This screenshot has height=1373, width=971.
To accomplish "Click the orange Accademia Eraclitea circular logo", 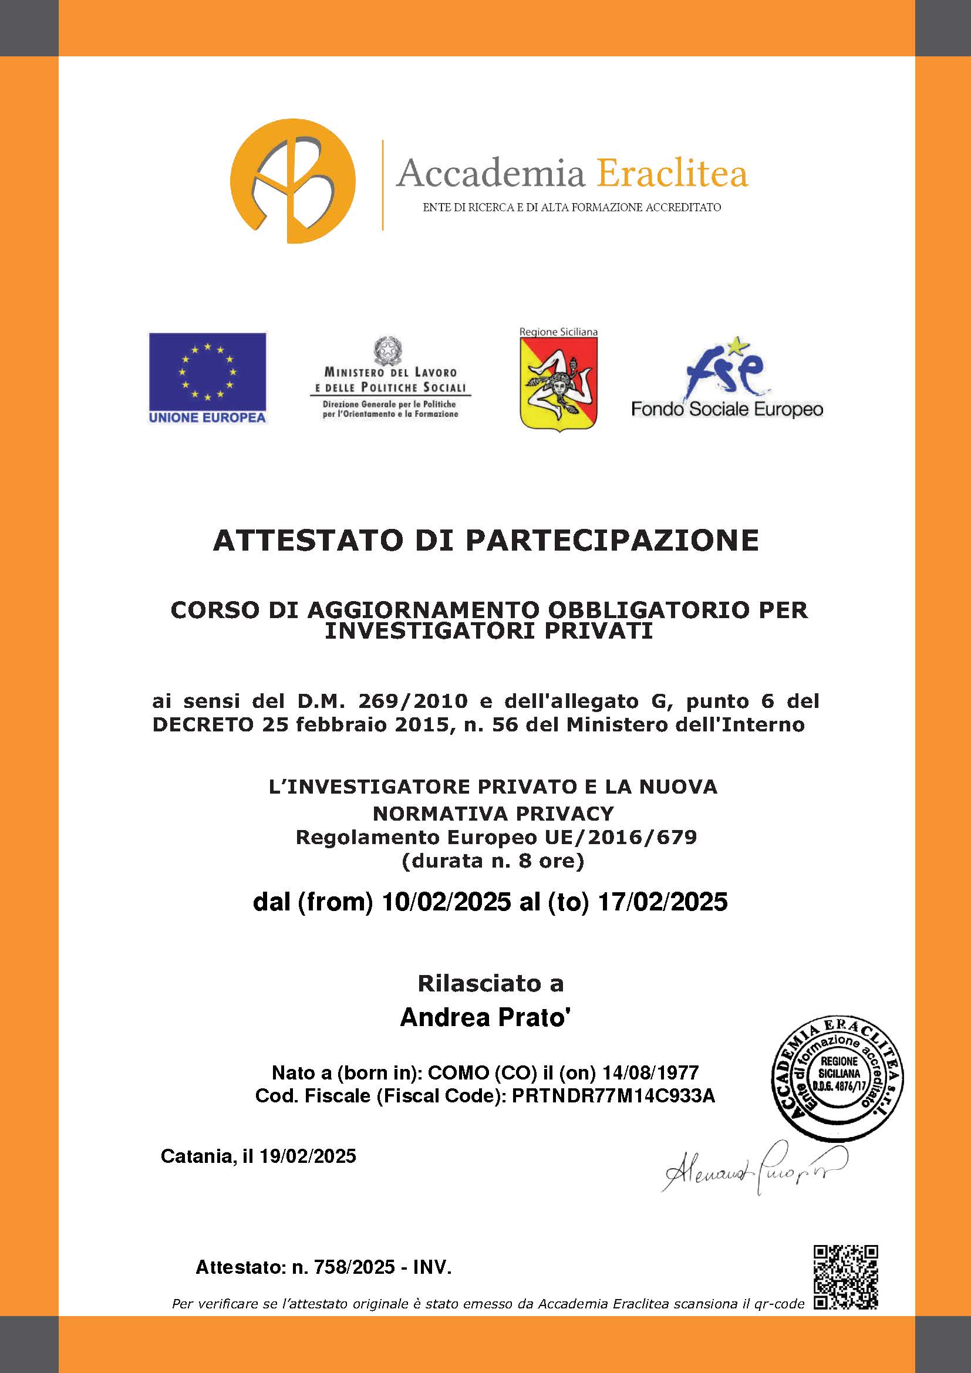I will point(292,181).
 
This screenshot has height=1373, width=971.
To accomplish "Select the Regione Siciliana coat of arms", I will point(558,383).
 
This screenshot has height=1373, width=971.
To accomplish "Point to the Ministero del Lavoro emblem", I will point(388,351).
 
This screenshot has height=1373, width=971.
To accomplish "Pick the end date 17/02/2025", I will point(662,900).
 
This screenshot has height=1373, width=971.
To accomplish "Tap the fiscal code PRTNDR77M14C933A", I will point(613,1095).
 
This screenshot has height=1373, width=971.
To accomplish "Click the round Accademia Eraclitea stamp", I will point(837,1077).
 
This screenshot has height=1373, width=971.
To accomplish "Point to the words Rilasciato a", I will point(490,983).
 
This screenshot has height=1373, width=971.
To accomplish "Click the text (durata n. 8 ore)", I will point(493,861).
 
